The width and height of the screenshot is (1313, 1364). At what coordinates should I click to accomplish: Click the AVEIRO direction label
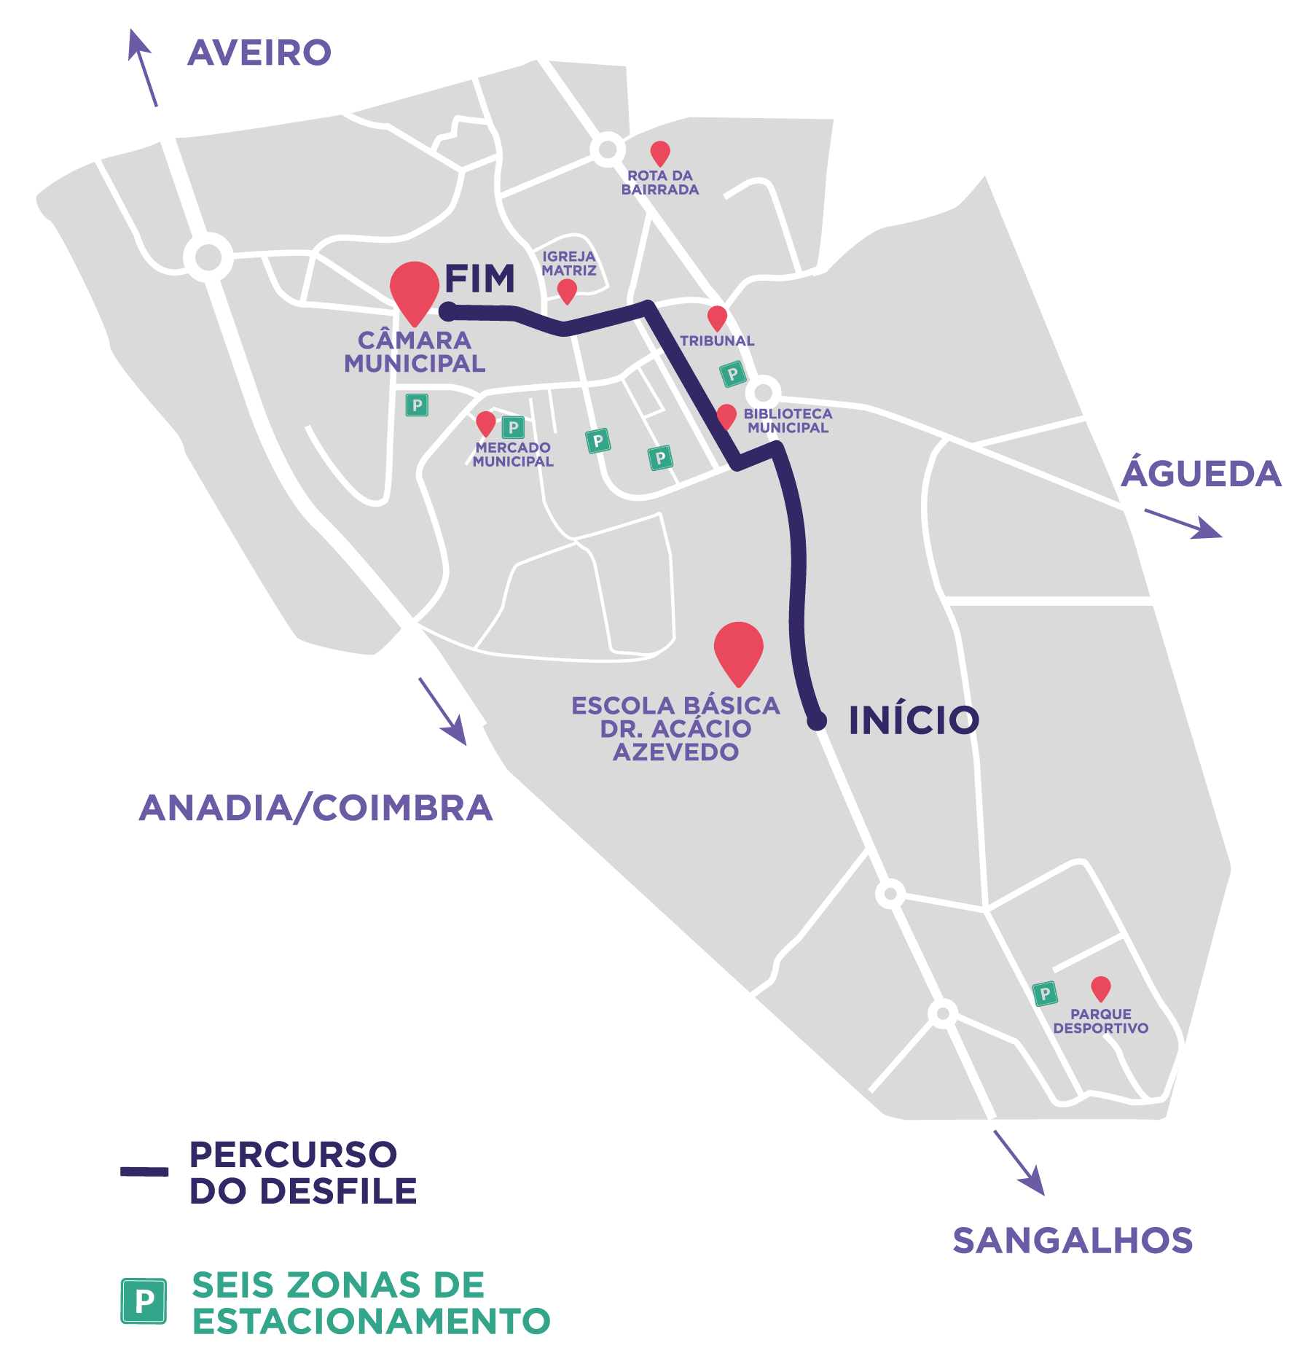click(x=259, y=52)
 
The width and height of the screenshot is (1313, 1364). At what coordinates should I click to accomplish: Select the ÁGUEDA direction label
click(x=1201, y=473)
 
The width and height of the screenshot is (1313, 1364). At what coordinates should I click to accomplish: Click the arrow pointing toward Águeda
click(x=1183, y=524)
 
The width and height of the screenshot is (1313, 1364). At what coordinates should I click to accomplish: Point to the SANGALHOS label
click(x=1073, y=1240)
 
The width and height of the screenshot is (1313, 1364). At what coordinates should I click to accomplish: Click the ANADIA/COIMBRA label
click(x=316, y=808)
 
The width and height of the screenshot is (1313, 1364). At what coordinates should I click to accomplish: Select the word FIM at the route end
click(x=479, y=278)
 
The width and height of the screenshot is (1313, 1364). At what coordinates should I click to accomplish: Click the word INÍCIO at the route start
click(x=914, y=720)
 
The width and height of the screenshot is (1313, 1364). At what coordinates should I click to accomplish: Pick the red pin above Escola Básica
click(x=738, y=649)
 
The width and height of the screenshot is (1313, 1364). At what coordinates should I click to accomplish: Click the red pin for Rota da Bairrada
click(x=660, y=152)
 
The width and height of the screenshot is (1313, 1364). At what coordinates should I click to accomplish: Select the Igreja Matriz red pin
click(x=567, y=290)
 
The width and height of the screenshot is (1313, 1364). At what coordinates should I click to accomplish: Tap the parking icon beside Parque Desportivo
click(x=1045, y=993)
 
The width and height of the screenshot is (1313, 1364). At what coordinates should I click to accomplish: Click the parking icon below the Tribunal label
click(x=733, y=374)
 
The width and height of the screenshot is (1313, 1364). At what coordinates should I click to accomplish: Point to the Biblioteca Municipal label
click(x=788, y=421)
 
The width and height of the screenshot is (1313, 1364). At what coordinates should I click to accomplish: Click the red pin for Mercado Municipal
click(x=485, y=422)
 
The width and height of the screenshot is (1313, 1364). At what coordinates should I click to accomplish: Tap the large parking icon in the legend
click(x=144, y=1301)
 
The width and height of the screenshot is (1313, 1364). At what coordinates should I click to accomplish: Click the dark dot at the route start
click(x=817, y=721)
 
